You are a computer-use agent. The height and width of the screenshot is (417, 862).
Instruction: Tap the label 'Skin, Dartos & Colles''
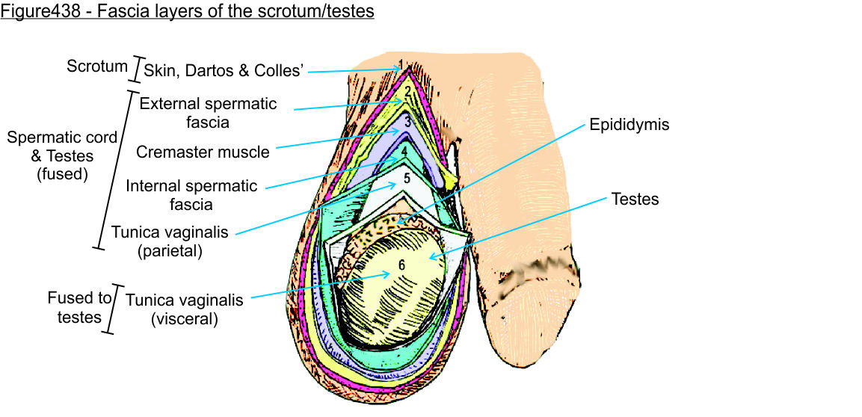coord(223,70)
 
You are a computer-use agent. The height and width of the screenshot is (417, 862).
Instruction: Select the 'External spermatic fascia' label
coord(208,112)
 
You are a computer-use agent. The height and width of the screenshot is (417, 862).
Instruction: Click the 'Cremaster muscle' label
coord(203,152)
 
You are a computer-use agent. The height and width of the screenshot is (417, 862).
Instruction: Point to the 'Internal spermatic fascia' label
coord(191,194)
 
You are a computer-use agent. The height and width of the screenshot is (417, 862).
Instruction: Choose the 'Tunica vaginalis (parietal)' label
coord(170,241)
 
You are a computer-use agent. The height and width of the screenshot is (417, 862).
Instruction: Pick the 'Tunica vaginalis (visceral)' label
coord(184,309)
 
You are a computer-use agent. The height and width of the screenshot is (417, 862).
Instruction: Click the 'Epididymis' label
coord(629,125)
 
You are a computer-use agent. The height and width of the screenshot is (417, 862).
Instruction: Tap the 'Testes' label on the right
coord(635,200)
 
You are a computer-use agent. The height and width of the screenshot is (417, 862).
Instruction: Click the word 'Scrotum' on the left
coord(97,66)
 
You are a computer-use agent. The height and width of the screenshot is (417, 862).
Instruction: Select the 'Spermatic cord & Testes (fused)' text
coord(61,155)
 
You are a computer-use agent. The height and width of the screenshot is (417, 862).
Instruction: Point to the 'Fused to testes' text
coord(79,307)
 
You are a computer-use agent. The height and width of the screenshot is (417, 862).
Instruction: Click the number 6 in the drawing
coord(401,265)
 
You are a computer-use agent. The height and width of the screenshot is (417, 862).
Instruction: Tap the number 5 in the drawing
coord(407,179)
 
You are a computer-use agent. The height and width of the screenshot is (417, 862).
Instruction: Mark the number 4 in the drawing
coord(404,150)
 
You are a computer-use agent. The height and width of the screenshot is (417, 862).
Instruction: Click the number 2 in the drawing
coord(407,93)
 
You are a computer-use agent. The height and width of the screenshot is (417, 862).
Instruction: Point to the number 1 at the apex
coord(401,64)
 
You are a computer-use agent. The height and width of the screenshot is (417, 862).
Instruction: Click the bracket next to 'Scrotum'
coord(135,69)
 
